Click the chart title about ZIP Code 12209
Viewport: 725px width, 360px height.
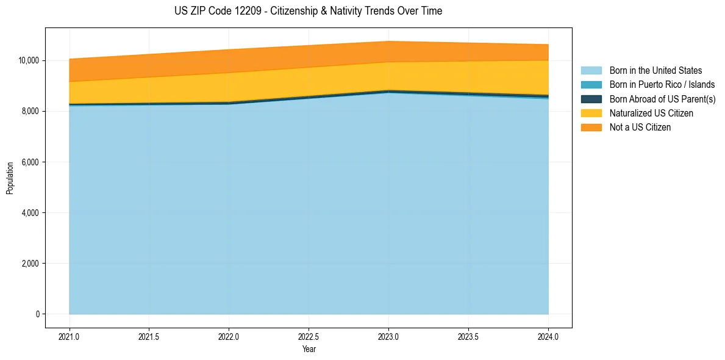pos(308,11)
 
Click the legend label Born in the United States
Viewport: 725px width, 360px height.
pos(655,71)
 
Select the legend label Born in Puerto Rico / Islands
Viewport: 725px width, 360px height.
pos(662,85)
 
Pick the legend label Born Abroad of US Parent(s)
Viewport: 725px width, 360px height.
pos(662,99)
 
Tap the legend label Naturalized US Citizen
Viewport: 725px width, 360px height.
pos(651,113)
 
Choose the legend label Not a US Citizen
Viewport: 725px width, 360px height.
pos(640,128)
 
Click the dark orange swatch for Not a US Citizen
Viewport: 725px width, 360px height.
pos(591,128)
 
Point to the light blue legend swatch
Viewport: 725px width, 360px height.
pos(591,71)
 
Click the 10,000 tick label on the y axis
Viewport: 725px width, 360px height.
pos(29,60)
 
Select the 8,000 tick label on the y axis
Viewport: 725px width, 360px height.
pos(30,111)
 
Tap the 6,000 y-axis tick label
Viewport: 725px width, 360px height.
pos(30,162)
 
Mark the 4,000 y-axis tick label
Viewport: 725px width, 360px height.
pos(30,213)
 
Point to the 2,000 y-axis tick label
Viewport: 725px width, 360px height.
pos(30,264)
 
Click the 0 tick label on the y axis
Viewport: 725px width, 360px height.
pos(37,314)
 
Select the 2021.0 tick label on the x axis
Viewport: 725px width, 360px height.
pos(70,336)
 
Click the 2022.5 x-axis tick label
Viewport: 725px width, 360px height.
pos(309,336)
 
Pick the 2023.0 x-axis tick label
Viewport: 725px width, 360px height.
pos(388,336)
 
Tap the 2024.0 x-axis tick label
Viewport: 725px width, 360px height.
pos(548,336)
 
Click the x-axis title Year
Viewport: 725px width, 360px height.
pos(309,349)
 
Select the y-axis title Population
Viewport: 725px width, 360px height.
pos(10,178)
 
